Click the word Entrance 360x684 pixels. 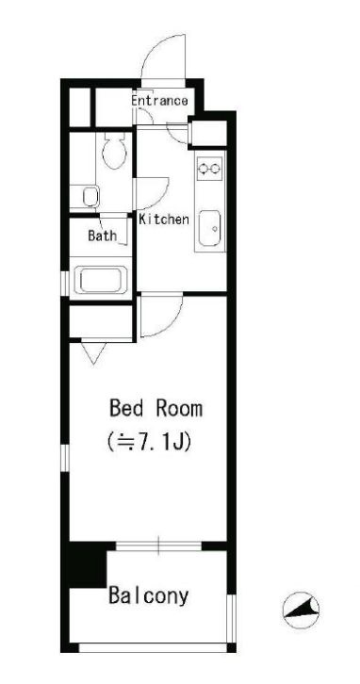(x=159, y=101)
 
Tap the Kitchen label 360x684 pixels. (x=164, y=220)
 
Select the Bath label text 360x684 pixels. (x=102, y=236)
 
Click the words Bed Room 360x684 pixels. (x=155, y=410)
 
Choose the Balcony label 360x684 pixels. (x=148, y=596)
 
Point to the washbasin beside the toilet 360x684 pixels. (x=90, y=197)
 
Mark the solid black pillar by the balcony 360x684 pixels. (x=84, y=565)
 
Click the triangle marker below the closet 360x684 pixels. (x=91, y=353)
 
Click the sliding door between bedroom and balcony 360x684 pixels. (x=160, y=546)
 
